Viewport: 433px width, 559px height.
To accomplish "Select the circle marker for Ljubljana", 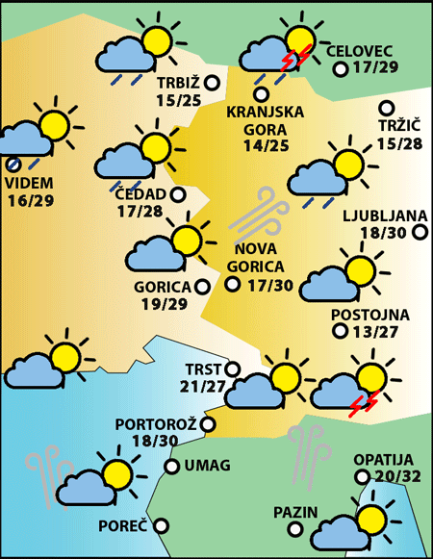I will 420,231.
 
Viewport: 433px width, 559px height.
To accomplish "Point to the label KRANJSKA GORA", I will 265,119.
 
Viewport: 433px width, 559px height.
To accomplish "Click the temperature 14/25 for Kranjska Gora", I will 265,146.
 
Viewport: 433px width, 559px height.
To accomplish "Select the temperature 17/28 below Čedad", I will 140,211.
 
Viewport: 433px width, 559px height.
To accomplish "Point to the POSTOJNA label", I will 369,315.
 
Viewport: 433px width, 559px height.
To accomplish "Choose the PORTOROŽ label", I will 156,423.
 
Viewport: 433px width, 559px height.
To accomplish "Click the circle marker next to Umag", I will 171,467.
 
